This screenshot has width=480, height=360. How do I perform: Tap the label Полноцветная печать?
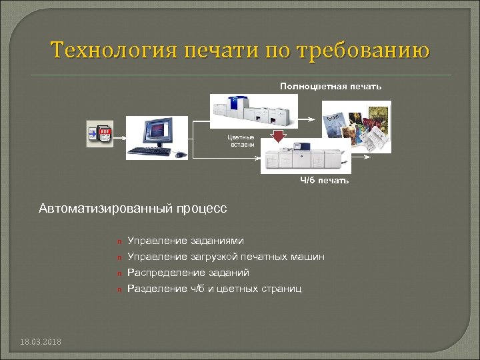(331, 87)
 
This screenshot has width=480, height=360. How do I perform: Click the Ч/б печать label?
(324, 181)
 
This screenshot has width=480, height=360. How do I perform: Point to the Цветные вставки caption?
(242, 141)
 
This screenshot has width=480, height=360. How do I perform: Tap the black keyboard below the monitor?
(151, 152)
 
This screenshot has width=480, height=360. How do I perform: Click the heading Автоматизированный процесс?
(133, 209)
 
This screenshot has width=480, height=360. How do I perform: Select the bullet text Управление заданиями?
(185, 241)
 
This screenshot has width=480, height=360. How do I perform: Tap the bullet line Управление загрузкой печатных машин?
(226, 257)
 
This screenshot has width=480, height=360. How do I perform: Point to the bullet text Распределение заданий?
(188, 273)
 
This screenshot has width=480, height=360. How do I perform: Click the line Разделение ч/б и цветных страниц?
(214, 289)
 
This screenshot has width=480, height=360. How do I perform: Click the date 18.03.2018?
(41, 342)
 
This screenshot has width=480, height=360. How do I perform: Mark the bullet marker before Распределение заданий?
(117, 273)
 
